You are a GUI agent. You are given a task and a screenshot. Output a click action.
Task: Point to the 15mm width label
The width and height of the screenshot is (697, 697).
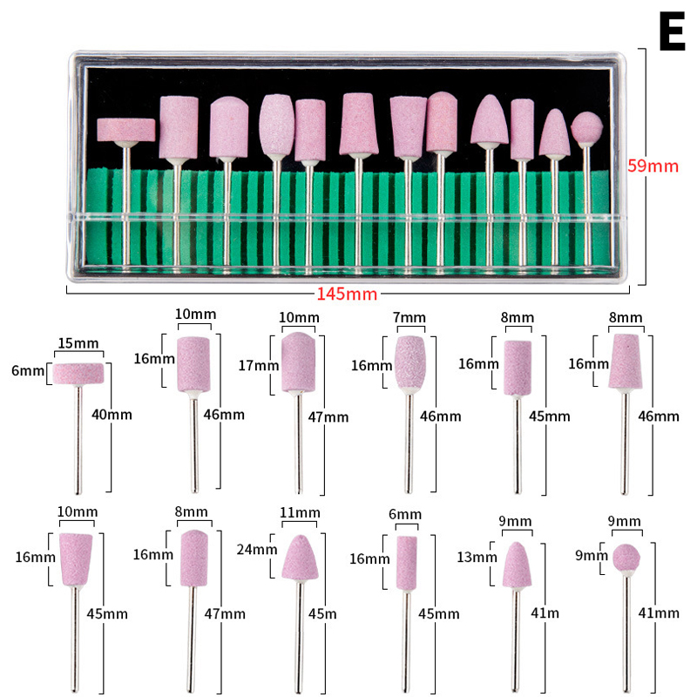click(78, 343)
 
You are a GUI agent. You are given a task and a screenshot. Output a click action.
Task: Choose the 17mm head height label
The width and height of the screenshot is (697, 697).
click(258, 364)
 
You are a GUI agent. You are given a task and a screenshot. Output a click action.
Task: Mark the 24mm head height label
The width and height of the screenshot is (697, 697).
click(258, 550)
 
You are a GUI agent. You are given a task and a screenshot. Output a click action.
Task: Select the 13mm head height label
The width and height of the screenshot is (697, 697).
click(476, 556)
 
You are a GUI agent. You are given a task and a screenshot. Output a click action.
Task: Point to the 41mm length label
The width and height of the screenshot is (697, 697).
click(658, 613)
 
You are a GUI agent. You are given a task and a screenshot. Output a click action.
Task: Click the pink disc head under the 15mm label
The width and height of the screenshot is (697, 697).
click(78, 374)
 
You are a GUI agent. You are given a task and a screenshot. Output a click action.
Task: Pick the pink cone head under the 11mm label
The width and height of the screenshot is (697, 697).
click(300, 558)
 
